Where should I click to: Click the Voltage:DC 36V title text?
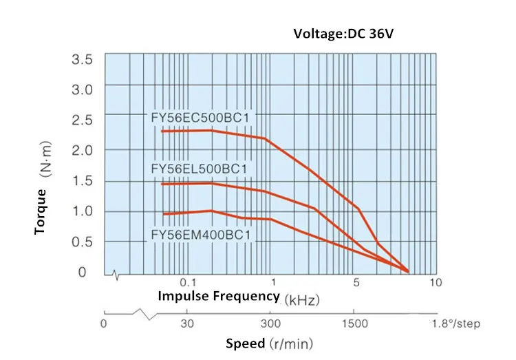tap(344, 34)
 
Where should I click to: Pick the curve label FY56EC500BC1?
tap(200, 118)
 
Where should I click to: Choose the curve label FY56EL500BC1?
tap(199, 168)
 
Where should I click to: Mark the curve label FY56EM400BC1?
tap(200, 235)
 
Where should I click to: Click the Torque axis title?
tap(41, 211)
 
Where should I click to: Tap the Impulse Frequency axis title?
tap(219, 297)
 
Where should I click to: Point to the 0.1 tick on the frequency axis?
tap(188, 283)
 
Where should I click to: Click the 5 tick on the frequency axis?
tap(357, 283)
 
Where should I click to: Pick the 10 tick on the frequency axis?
tap(435, 283)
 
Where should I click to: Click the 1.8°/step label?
tap(456, 324)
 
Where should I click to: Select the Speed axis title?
tap(245, 343)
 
